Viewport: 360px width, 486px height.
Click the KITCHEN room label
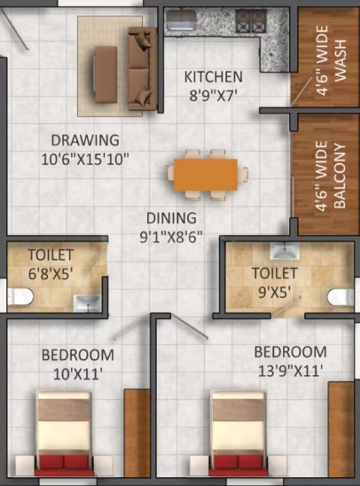214,77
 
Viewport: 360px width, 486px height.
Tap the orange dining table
206,175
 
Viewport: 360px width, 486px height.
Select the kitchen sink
180,20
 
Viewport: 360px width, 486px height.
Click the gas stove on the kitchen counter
251,20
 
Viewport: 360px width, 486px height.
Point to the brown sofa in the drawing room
143,68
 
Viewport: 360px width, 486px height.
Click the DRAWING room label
85,140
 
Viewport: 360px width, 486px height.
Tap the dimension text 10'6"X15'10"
85,160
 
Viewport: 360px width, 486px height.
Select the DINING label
171,218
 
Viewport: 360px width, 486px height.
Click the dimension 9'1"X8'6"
171,237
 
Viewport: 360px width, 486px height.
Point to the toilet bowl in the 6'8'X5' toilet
20,296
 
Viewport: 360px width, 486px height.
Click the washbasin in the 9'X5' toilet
285,251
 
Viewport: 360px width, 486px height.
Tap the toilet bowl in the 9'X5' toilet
340,297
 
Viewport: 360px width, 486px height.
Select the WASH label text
340,60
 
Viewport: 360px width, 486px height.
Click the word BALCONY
340,176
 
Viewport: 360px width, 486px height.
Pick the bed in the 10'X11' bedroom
64,434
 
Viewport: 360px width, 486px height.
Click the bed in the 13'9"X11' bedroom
239,434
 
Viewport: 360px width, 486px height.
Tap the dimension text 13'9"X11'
290,371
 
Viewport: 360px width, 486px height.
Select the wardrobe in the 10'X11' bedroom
137,433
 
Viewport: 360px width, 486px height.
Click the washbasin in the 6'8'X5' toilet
87,303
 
